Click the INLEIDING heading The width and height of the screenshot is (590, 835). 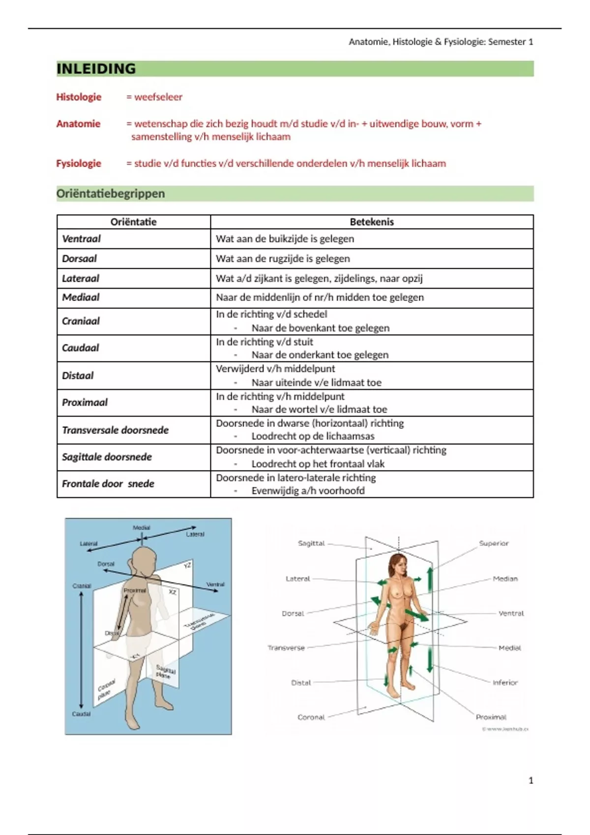96,69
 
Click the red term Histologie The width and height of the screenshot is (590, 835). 79,97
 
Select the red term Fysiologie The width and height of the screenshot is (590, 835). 79,163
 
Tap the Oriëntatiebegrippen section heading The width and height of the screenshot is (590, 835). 111,194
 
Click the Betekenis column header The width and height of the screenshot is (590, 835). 372,222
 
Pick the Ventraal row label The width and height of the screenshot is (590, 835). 81,239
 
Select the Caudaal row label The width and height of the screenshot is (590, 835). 80,348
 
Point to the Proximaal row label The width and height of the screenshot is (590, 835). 85,402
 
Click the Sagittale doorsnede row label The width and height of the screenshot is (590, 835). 107,457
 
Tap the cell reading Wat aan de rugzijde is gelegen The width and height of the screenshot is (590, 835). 283,258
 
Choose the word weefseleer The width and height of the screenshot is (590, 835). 158,97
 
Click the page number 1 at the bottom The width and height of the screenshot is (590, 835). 531,780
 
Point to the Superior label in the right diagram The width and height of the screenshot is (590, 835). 494,543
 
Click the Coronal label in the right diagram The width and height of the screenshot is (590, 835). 311,717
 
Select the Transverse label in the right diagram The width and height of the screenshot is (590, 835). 286,648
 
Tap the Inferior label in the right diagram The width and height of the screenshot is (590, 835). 505,682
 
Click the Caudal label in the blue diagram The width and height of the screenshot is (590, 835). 82,714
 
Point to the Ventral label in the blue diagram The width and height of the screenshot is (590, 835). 215,584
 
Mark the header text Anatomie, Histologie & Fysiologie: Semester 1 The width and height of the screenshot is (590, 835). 441,42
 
